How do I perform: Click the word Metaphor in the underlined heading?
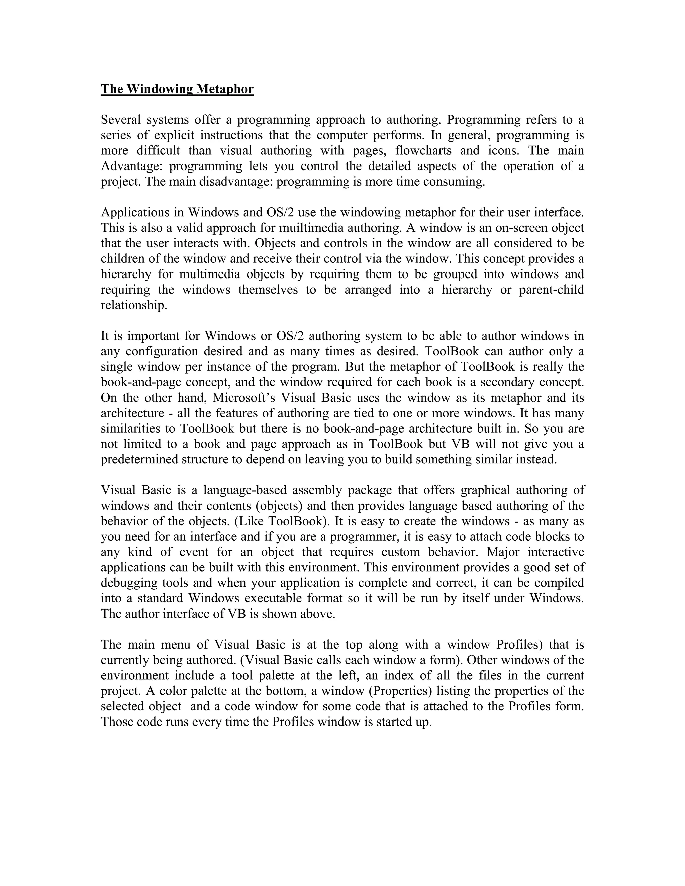225,89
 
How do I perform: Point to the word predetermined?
139,459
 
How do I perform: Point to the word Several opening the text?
120,120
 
